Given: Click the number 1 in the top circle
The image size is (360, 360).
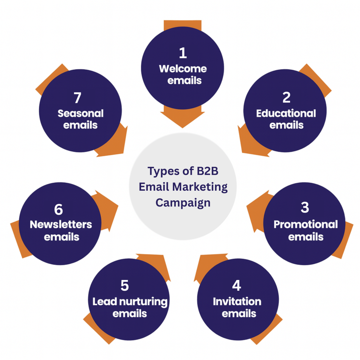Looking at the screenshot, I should (x=182, y=53).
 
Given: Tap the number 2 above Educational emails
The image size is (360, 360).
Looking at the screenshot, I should (x=286, y=97).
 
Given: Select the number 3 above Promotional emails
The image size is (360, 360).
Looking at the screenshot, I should (x=305, y=207).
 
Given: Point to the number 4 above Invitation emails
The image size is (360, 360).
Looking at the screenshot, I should (x=236, y=285).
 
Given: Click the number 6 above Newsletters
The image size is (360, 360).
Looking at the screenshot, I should (x=59, y=210).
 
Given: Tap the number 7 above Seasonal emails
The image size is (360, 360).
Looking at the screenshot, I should (x=77, y=97).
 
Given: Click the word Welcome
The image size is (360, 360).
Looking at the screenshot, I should (x=183, y=69).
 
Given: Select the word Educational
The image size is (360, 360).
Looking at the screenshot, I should (x=286, y=114).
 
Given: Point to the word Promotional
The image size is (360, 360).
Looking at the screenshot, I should (x=305, y=224).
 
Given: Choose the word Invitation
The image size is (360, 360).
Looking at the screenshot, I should (x=237, y=301).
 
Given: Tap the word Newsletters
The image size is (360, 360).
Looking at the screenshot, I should (x=61, y=225).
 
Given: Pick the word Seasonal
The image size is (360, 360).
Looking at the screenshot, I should (x=80, y=114).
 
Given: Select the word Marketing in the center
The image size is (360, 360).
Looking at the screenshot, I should (x=201, y=187).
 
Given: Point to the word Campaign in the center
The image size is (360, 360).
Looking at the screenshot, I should (x=183, y=203).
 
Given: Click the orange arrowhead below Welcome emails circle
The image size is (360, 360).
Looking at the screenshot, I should (x=182, y=120).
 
